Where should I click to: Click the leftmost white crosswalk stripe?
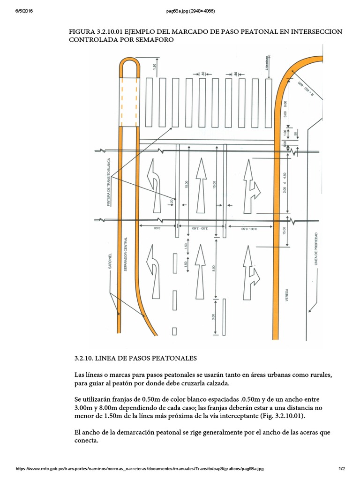tap(150, 101)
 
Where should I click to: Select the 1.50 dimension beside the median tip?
tap(155, 67)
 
